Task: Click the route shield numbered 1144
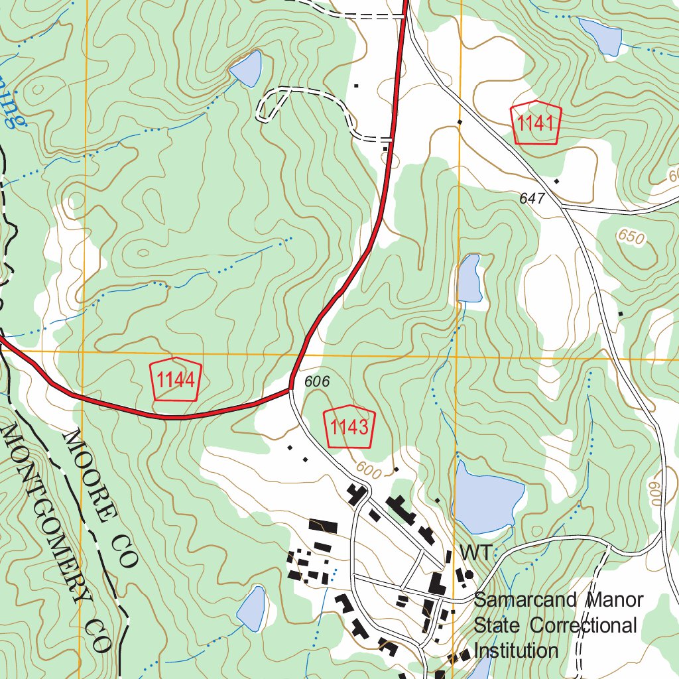tap(176, 381)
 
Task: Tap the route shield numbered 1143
tap(349, 426)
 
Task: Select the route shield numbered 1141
tap(536, 123)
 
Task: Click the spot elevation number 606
tap(318, 381)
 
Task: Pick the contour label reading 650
tap(631, 237)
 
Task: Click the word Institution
tap(516, 650)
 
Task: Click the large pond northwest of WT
tap(487, 497)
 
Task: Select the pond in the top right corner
tap(601, 36)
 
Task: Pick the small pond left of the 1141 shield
tap(247, 69)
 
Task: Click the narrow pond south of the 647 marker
tap(469, 277)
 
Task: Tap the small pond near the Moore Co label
tap(252, 607)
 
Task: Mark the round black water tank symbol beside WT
tap(469, 574)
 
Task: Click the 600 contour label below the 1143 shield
tap(369, 467)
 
